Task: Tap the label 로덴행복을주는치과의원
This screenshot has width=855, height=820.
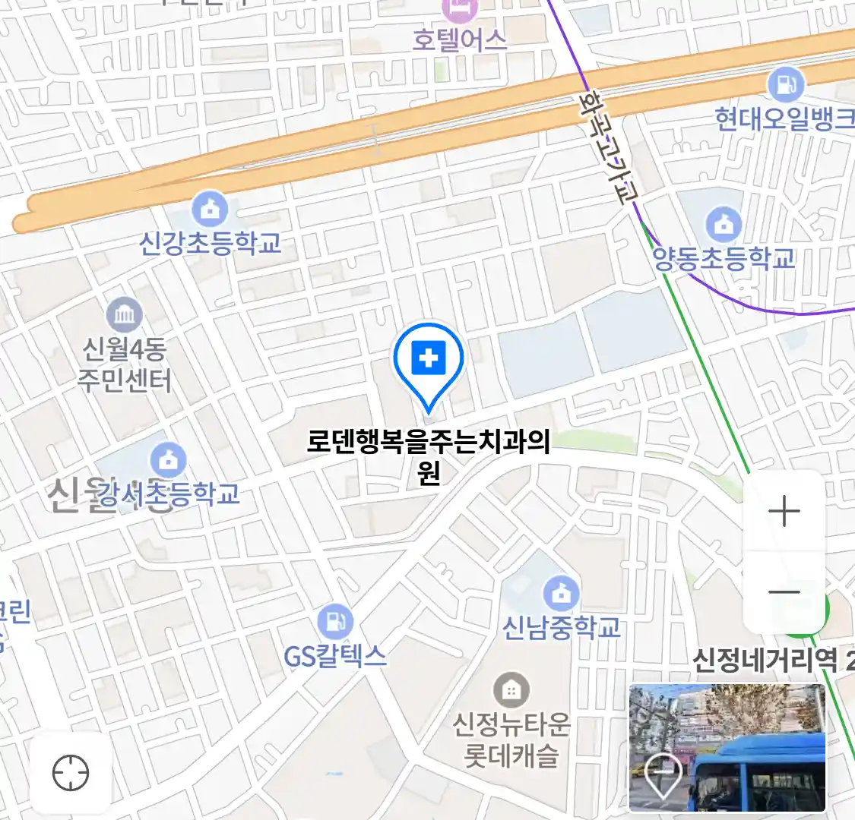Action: coord(429,442)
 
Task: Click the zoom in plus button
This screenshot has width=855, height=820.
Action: coord(784,511)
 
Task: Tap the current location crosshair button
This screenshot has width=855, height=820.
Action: coord(71,774)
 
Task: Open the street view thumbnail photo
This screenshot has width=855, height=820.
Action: coord(727,748)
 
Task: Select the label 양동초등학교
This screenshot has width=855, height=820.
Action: coord(724,259)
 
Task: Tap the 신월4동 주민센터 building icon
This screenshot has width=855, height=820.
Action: coord(124,315)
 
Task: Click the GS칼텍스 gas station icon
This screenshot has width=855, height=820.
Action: coord(334,622)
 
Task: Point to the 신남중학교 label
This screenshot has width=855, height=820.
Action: coord(562,628)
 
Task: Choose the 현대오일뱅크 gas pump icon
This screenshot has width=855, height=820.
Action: coord(786,84)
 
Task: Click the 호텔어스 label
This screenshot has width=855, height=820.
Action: coord(459,40)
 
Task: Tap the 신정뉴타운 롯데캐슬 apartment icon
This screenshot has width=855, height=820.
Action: coord(511,690)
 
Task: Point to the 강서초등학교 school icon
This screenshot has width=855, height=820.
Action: coord(168,460)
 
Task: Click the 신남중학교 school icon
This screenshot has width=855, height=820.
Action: coord(562,593)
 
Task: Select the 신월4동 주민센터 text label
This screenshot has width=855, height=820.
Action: coord(124,364)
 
